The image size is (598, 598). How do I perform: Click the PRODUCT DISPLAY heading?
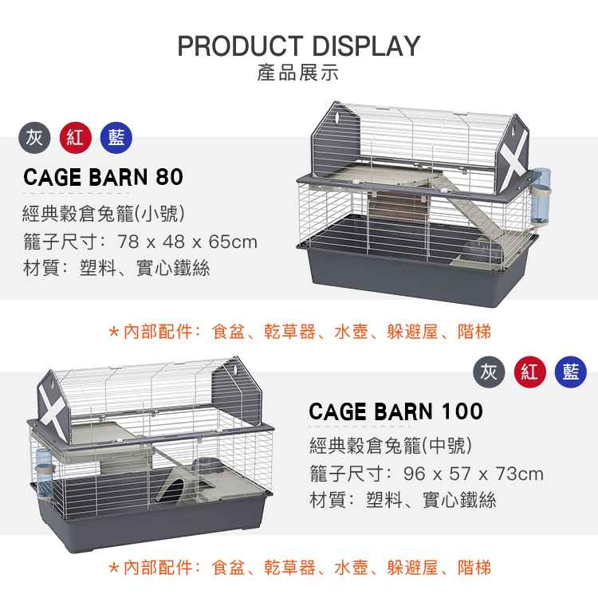point(298,45)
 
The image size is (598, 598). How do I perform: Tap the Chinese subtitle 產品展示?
point(298,74)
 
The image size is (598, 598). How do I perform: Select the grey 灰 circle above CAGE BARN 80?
point(34,138)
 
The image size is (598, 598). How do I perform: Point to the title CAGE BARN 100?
point(395,411)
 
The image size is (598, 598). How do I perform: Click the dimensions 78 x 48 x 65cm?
point(187,242)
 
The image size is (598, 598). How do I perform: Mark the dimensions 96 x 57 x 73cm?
point(474,474)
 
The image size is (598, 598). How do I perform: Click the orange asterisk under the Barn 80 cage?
point(114,330)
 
